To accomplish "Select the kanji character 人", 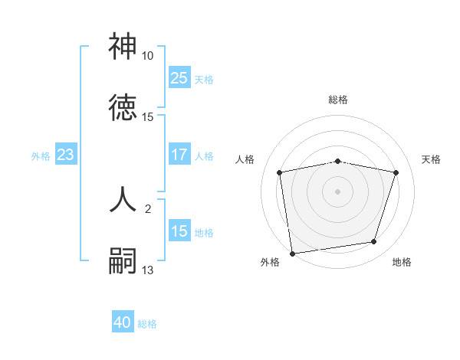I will (x=123, y=201).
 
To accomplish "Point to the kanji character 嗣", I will (x=123, y=261).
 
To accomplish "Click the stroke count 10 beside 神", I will (x=148, y=56).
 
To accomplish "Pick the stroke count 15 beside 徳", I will (x=148, y=117).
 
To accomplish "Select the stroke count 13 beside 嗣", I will (x=148, y=270).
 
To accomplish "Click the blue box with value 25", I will (x=179, y=77).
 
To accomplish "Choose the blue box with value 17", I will (x=179, y=155).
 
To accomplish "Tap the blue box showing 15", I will (x=179, y=231).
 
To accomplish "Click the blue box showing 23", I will (x=65, y=155).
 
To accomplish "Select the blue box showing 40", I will (x=123, y=322).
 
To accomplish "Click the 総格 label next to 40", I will (x=147, y=324).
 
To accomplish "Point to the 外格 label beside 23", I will (x=41, y=156).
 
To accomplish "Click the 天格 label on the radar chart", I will (x=432, y=159).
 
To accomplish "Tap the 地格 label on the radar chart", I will (x=402, y=262).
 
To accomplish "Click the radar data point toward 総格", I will (x=337, y=161).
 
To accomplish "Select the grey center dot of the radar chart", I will (x=337, y=191).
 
